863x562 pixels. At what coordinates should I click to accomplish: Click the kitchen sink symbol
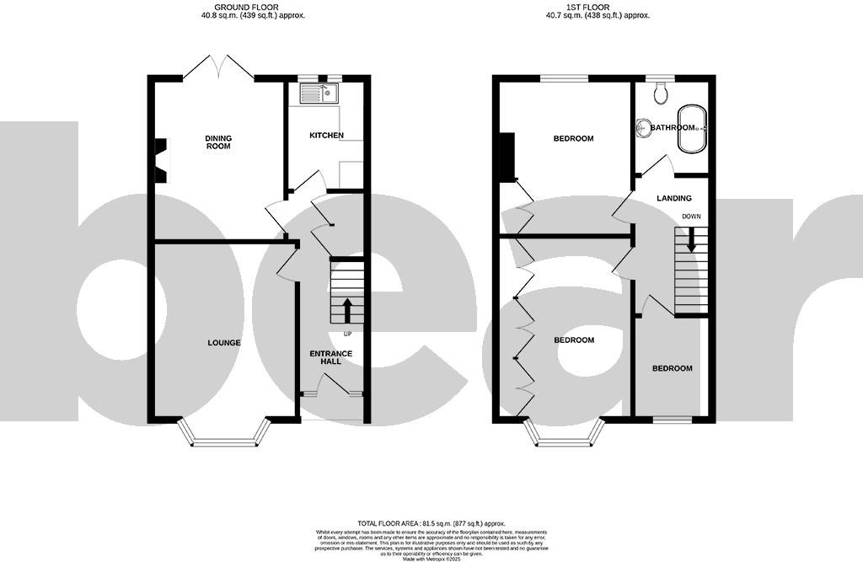pyautogui.click(x=319, y=94)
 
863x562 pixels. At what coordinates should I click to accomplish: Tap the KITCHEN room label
pyautogui.click(x=326, y=136)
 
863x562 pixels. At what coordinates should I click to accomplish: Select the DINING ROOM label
pyautogui.click(x=218, y=142)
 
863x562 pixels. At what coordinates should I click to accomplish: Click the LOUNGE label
pyautogui.click(x=225, y=343)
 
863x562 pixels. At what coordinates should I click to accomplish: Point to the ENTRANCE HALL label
pyautogui.click(x=324, y=357)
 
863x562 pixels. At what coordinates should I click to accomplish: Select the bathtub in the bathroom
pyautogui.click(x=692, y=128)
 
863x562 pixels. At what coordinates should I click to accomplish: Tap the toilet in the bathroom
pyautogui.click(x=660, y=91)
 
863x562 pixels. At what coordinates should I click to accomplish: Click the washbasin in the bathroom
pyautogui.click(x=644, y=128)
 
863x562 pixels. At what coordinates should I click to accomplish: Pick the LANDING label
pyautogui.click(x=675, y=199)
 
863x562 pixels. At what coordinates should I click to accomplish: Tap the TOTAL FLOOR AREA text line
pyautogui.click(x=431, y=523)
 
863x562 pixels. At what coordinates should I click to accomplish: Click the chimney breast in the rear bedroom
pyautogui.click(x=507, y=158)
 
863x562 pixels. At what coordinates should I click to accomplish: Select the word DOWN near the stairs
pyautogui.click(x=692, y=217)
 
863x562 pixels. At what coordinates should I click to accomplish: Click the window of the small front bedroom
pyautogui.click(x=672, y=419)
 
